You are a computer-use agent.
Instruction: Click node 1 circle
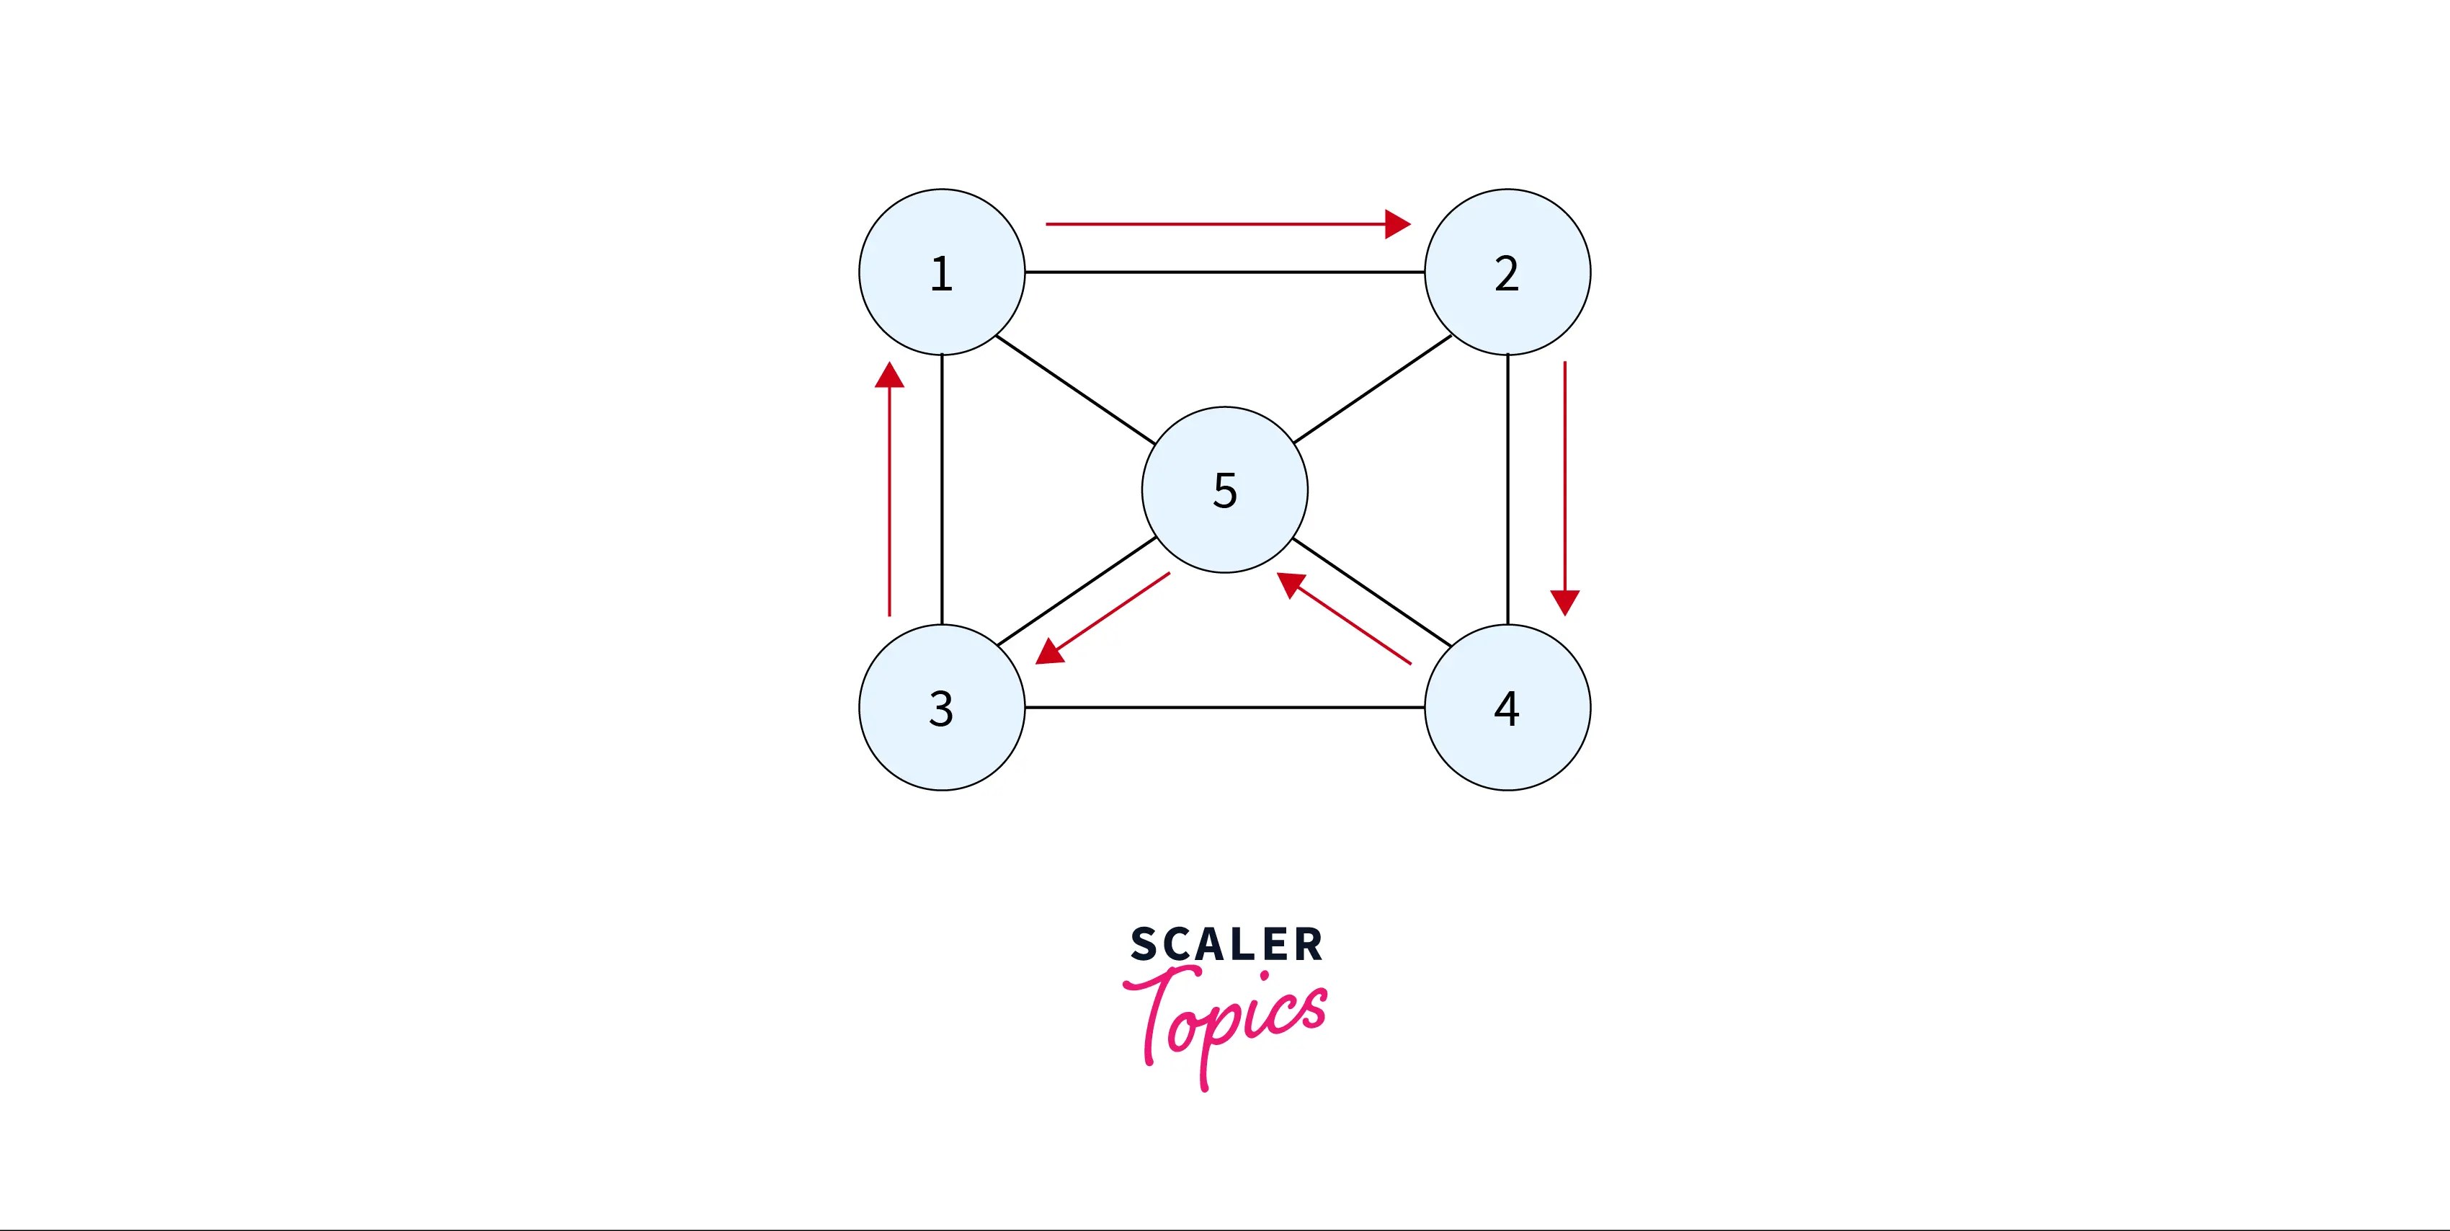tap(942, 272)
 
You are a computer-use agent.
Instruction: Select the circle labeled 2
tap(1507, 272)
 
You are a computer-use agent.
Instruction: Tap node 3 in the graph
tap(942, 707)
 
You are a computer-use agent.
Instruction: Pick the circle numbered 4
tap(1507, 707)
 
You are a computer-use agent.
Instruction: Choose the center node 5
tap(1225, 490)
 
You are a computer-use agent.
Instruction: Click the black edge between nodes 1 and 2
tap(1225, 272)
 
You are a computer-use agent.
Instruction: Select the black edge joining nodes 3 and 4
tap(1225, 707)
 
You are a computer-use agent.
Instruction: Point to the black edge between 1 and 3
tap(942, 490)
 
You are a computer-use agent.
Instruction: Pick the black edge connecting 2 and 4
tap(1507, 490)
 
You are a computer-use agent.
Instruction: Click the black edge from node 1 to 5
tap(1074, 390)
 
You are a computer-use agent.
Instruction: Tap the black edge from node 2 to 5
tap(1373, 390)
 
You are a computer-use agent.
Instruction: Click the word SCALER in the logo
tap(1226, 945)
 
